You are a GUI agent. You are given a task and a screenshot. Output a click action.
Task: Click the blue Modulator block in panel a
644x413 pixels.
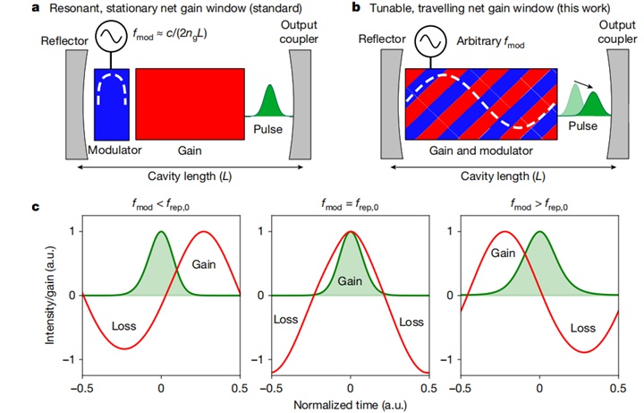point(111,103)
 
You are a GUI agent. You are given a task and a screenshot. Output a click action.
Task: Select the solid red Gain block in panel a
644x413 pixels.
point(191,103)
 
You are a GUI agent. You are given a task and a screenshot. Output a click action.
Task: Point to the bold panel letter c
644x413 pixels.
point(35,209)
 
